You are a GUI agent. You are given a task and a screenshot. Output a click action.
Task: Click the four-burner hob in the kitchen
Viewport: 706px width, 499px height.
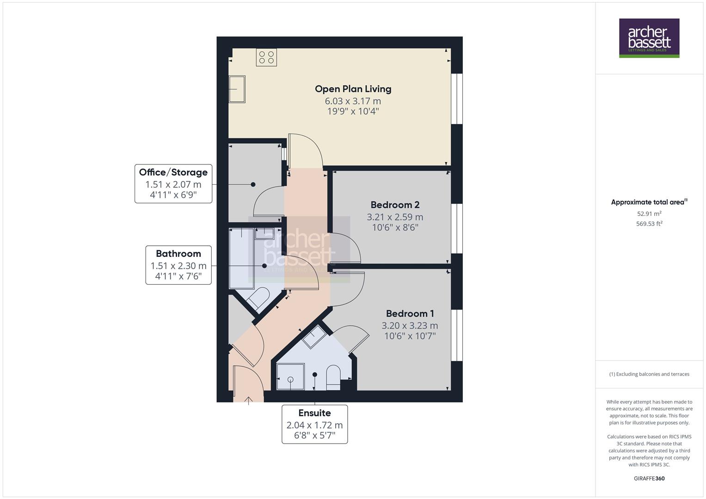266,57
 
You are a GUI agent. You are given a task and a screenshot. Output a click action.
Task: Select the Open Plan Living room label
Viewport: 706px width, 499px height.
353,89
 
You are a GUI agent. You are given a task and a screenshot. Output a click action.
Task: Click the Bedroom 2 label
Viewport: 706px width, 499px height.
394,205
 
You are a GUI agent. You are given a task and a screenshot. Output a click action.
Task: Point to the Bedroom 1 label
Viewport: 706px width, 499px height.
410,313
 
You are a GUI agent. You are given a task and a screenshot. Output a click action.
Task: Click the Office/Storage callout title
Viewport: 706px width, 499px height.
173,172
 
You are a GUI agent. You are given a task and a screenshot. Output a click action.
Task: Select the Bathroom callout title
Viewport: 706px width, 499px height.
178,254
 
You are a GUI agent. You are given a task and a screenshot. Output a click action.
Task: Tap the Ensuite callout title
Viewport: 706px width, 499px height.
314,413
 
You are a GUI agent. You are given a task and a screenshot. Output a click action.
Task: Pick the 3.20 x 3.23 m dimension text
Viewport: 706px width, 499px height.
410,325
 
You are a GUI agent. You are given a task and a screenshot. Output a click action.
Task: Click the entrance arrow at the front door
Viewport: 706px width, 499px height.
249,400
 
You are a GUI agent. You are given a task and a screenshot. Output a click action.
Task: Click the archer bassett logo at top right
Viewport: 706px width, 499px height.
649,38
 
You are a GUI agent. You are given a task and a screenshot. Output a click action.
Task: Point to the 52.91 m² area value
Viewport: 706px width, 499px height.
649,214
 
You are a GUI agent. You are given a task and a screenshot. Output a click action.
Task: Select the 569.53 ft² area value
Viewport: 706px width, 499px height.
649,224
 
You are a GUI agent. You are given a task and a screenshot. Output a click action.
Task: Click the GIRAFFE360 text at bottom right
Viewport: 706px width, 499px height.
649,478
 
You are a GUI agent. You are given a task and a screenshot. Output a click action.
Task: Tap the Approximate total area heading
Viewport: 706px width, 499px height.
649,202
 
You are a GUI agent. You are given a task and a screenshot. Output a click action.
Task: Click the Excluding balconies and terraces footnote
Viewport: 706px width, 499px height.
649,374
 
